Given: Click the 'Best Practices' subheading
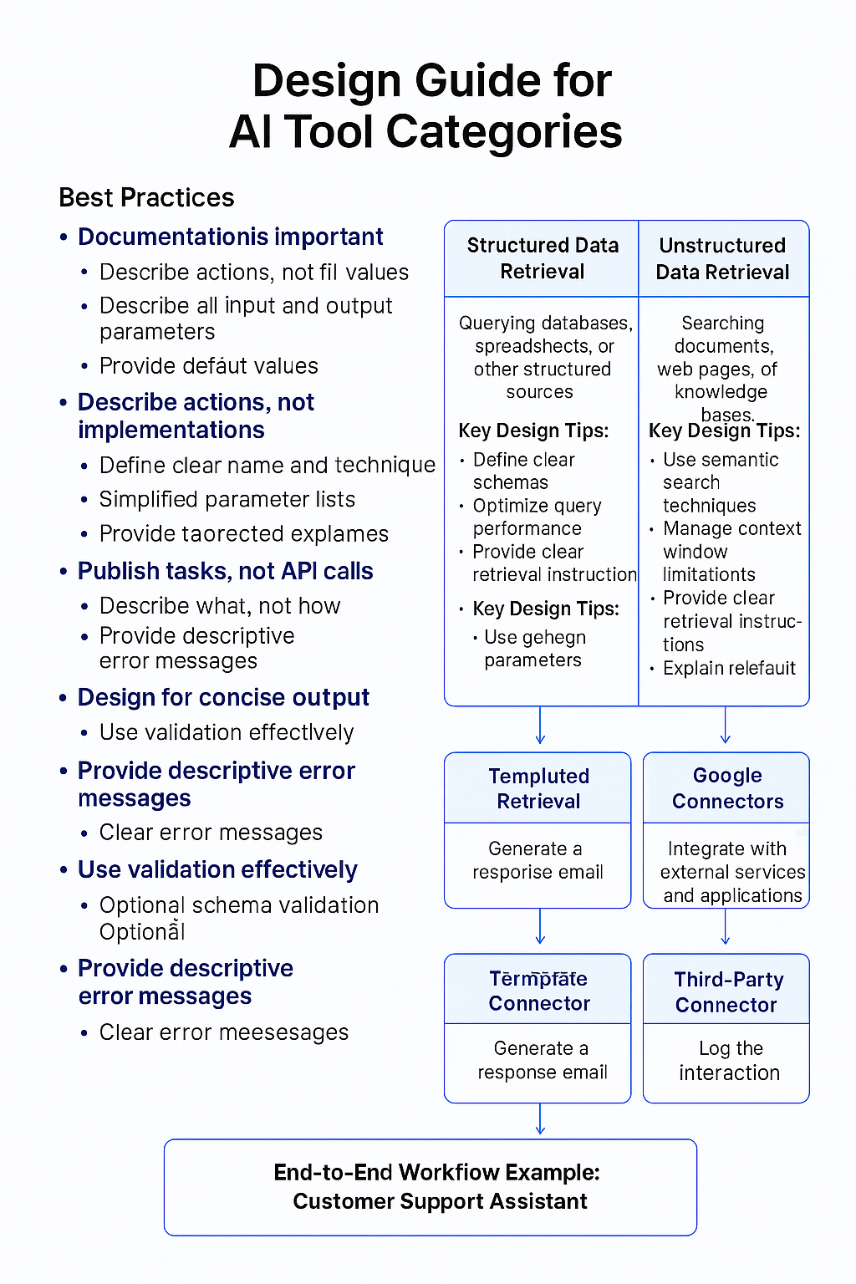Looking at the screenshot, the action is pyautogui.click(x=146, y=197).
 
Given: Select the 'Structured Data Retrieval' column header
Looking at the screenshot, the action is pyautogui.click(x=542, y=258).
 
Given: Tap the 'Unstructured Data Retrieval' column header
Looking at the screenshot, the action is pyautogui.click(x=722, y=258).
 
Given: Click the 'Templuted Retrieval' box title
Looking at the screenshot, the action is pyautogui.click(x=538, y=788).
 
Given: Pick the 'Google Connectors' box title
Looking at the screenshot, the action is pyautogui.click(x=727, y=788).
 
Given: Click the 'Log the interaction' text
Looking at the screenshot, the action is pyautogui.click(x=729, y=1060).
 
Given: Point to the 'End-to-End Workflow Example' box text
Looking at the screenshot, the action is pyautogui.click(x=437, y=1186).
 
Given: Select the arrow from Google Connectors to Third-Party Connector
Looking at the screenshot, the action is pyautogui.click(x=725, y=928).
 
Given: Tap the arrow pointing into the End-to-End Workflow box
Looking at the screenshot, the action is pyautogui.click(x=540, y=1120).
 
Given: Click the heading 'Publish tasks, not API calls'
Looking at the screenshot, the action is pyautogui.click(x=225, y=571).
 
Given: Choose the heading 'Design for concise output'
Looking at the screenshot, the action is pyautogui.click(x=223, y=697).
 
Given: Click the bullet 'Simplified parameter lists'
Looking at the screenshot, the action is pyautogui.click(x=227, y=499).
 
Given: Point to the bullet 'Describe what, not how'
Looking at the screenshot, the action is pyautogui.click(x=220, y=605).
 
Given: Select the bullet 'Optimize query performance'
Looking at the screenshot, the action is pyautogui.click(x=536, y=517).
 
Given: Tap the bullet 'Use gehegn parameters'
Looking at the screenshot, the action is pyautogui.click(x=534, y=649).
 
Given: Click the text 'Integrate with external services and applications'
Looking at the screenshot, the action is pyautogui.click(x=731, y=872).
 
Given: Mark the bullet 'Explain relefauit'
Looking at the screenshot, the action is pyautogui.click(x=729, y=668).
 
